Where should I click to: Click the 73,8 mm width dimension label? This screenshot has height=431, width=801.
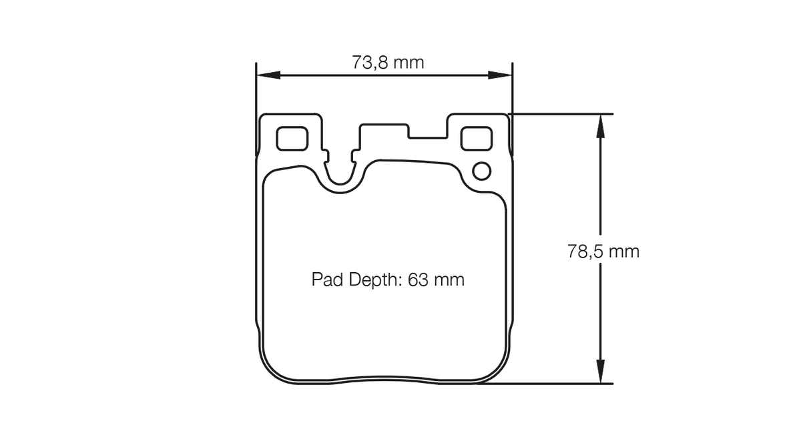[x=388, y=63]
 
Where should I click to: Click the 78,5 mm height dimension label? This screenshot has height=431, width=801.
[x=603, y=252]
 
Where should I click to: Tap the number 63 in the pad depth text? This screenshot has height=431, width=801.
[x=418, y=280]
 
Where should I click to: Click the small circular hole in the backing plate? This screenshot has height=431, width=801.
[x=482, y=171]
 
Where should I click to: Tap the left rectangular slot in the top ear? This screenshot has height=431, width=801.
[x=292, y=139]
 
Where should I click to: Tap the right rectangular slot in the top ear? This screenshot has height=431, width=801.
[x=477, y=139]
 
